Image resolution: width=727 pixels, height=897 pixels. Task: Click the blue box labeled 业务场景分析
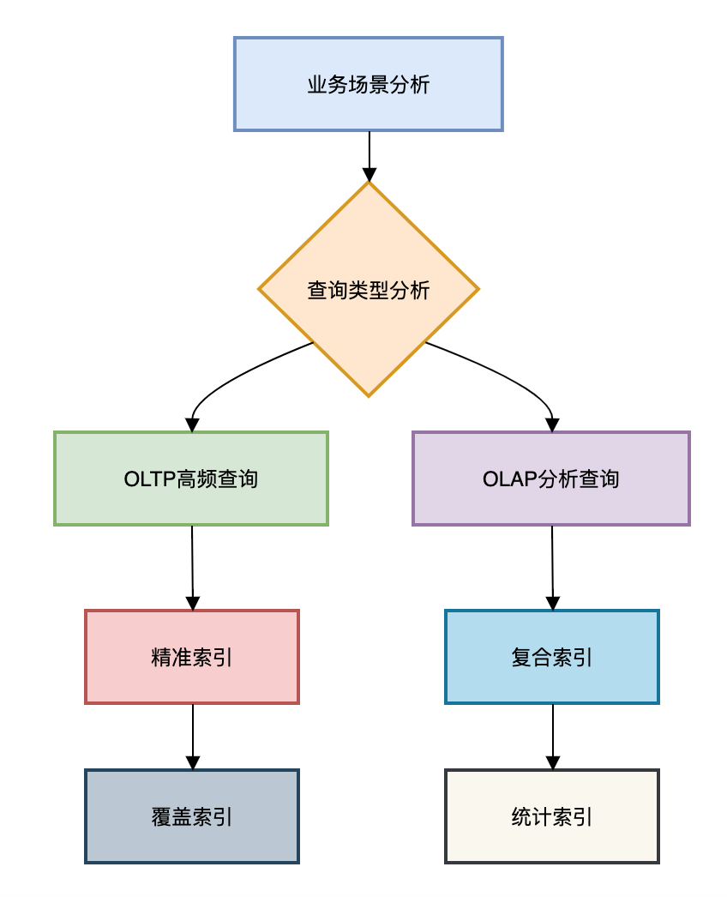368,84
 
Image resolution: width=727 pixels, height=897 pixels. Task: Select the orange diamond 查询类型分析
368,290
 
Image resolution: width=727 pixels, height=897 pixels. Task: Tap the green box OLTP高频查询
190,479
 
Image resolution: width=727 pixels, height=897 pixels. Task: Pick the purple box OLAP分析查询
550,479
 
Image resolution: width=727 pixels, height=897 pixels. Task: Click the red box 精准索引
192,658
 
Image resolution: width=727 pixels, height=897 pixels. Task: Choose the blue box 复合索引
552,658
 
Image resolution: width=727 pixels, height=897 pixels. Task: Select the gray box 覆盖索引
192,816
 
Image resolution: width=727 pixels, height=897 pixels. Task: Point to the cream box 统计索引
552,816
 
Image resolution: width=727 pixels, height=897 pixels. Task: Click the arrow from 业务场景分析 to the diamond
369,154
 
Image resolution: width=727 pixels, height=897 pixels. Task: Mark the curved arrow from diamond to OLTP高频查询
231,377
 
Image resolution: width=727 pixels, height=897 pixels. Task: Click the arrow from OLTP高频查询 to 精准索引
192,566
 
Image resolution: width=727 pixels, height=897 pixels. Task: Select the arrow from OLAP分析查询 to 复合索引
552,566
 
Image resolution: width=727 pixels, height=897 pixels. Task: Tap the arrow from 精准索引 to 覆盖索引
193,735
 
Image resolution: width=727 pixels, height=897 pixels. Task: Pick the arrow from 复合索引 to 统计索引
553,735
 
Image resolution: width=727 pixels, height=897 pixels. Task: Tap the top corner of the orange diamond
369,184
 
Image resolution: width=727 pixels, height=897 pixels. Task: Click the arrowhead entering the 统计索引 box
553,762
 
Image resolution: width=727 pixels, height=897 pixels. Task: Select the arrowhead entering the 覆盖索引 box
193,762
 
